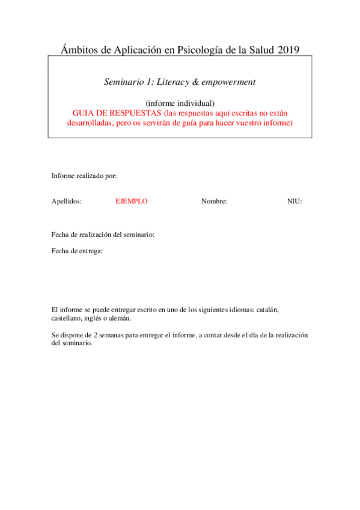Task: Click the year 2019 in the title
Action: pos(288,50)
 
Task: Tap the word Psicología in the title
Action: pos(202,51)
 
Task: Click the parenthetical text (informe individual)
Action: pos(180,103)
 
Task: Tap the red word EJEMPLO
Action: pos(131,201)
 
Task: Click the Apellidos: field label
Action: pos(67,201)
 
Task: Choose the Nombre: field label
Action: pos(214,201)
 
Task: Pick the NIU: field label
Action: pos(294,201)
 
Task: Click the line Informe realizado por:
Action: pos(84,176)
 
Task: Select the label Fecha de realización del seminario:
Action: pos(103,235)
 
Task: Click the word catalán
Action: pos(267,310)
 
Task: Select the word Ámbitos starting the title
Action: pos(80,50)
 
